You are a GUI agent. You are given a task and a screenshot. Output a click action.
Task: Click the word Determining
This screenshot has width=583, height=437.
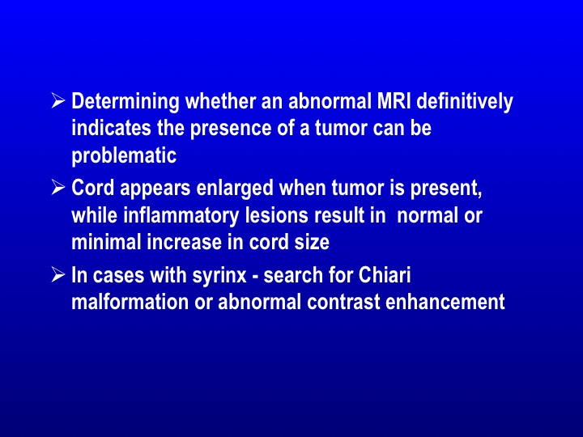(126, 101)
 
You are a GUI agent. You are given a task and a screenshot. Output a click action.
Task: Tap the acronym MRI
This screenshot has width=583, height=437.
(394, 100)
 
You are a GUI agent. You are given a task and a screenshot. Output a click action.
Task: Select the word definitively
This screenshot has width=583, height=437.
(465, 101)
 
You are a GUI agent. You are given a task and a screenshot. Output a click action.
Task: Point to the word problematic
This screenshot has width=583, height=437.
(124, 155)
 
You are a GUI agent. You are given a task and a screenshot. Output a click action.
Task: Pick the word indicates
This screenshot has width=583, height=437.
(111, 128)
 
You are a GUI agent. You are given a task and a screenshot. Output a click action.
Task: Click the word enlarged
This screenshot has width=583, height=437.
(235, 188)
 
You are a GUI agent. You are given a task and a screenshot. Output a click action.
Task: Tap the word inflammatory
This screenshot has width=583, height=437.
(181, 216)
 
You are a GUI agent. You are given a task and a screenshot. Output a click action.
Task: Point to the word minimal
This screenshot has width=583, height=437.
(106, 242)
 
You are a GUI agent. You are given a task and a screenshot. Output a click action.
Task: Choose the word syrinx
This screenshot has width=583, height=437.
(219, 276)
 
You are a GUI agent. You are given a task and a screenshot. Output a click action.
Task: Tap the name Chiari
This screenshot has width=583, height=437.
(385, 275)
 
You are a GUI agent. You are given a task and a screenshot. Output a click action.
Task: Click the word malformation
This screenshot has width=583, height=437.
(130, 301)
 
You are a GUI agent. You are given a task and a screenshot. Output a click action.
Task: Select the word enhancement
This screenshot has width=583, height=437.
(445, 301)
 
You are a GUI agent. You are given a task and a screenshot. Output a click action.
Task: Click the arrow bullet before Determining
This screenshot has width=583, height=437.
(58, 100)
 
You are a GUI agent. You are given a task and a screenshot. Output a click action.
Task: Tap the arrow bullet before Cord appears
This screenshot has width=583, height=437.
(58, 187)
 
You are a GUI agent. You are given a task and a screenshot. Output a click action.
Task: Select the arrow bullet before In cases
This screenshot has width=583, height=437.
(58, 275)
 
